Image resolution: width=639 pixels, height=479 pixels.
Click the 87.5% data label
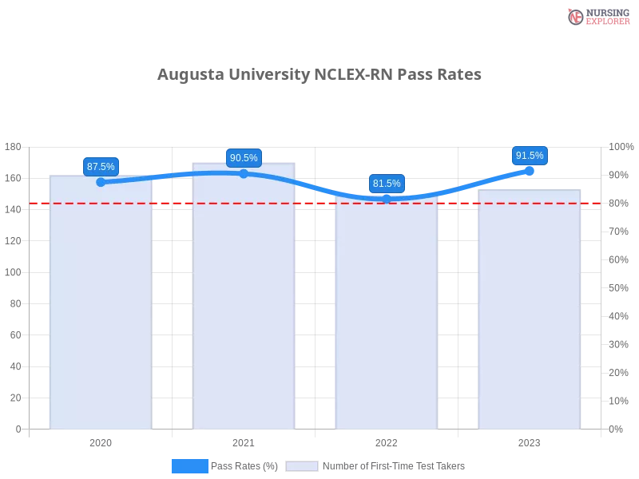point(101,166)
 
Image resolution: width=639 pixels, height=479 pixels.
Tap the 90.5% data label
point(244,158)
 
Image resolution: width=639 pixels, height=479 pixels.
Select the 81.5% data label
point(387,184)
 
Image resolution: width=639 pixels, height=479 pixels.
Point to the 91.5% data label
point(530,156)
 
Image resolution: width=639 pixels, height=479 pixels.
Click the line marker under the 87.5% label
point(101,182)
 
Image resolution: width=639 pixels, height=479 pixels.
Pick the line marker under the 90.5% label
point(244,173)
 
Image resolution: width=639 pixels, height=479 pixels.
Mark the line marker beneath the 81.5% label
point(387,198)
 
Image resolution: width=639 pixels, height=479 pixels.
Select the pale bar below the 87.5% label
point(101,311)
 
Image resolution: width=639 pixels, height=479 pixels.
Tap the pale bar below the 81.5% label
point(387,319)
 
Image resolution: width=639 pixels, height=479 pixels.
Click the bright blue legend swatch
point(189,465)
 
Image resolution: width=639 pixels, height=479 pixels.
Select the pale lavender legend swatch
point(302,466)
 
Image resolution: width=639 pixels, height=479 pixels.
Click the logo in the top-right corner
point(596,16)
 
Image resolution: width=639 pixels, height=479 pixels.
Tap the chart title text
point(319,77)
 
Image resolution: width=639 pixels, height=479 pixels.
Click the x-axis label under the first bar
point(101,441)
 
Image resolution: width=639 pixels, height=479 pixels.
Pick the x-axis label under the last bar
point(530,441)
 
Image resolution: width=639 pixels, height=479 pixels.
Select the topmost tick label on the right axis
point(620,147)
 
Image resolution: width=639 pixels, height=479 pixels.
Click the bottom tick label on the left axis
point(18,429)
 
